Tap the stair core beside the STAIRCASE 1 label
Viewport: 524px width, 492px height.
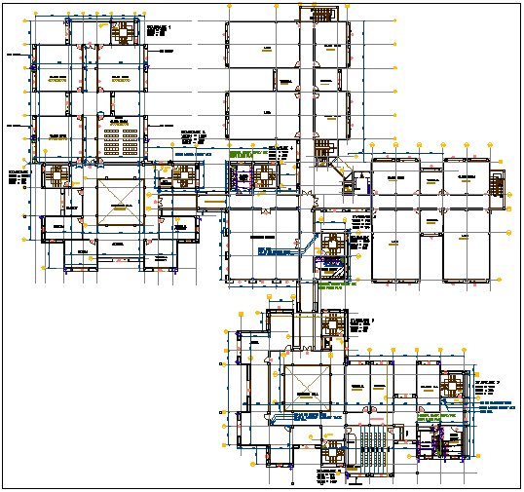click(125, 31)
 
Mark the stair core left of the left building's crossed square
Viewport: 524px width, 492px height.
click(61, 177)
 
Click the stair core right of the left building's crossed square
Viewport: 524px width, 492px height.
click(182, 175)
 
